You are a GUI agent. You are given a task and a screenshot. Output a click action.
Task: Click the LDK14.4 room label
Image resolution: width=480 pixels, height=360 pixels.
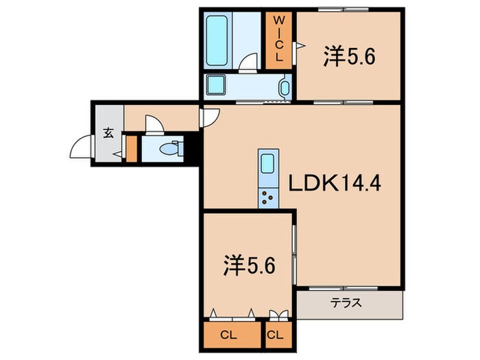click(x=335, y=184)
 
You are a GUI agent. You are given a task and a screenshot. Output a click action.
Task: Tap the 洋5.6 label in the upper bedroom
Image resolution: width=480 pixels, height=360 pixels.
click(x=349, y=57)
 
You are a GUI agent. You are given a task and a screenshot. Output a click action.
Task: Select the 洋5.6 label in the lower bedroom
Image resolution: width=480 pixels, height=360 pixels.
click(x=250, y=265)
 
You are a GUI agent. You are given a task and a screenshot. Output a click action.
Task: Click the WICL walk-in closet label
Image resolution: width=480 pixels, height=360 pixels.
click(x=278, y=39)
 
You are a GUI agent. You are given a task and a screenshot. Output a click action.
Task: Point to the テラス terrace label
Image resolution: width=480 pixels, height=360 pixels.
click(x=346, y=303)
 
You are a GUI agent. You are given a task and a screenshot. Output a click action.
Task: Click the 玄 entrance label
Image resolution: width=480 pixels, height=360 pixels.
click(x=108, y=133)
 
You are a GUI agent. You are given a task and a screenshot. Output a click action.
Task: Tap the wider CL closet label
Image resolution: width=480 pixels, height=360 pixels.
click(x=228, y=335)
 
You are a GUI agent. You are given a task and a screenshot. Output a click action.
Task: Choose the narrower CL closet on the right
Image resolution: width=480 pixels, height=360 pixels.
click(x=275, y=335)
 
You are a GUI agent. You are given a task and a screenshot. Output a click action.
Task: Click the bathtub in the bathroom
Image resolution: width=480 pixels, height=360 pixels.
click(x=217, y=40)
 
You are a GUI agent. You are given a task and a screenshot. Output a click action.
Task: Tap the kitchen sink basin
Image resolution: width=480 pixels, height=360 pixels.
click(x=268, y=163)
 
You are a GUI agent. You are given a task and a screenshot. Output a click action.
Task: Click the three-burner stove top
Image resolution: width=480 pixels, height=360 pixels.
click(x=268, y=197)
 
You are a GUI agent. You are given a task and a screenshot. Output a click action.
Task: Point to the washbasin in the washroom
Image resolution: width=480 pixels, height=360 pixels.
click(x=285, y=88)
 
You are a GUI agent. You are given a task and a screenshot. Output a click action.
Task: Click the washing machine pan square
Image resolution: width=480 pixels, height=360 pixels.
click(x=215, y=84)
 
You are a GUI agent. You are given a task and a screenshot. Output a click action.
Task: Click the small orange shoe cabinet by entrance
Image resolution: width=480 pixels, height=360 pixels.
click(x=132, y=149)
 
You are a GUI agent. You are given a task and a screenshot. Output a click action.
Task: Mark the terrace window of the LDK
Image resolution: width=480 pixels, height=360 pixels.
click(x=344, y=288)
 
